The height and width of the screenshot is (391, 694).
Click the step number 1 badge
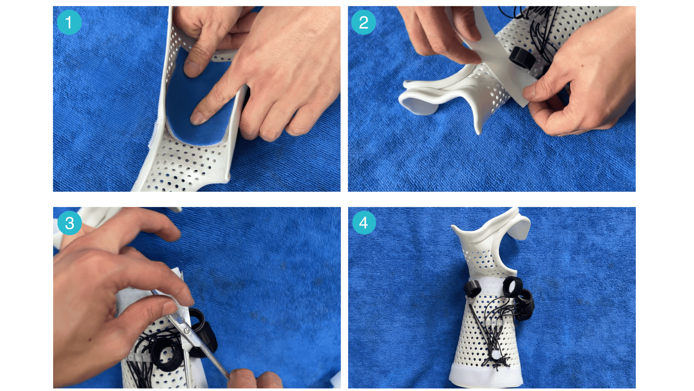tap(69, 22)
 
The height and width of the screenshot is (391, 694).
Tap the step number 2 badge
tap(364, 22)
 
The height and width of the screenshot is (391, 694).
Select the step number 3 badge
tap(69, 223)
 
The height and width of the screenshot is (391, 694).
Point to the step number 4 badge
tap(364, 223)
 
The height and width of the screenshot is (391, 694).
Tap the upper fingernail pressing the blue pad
tap(192, 69)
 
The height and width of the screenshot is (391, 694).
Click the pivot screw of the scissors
tap(186, 330)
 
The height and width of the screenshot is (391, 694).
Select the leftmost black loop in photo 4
tap(472, 289)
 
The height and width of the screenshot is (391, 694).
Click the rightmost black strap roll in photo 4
tap(525, 302)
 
